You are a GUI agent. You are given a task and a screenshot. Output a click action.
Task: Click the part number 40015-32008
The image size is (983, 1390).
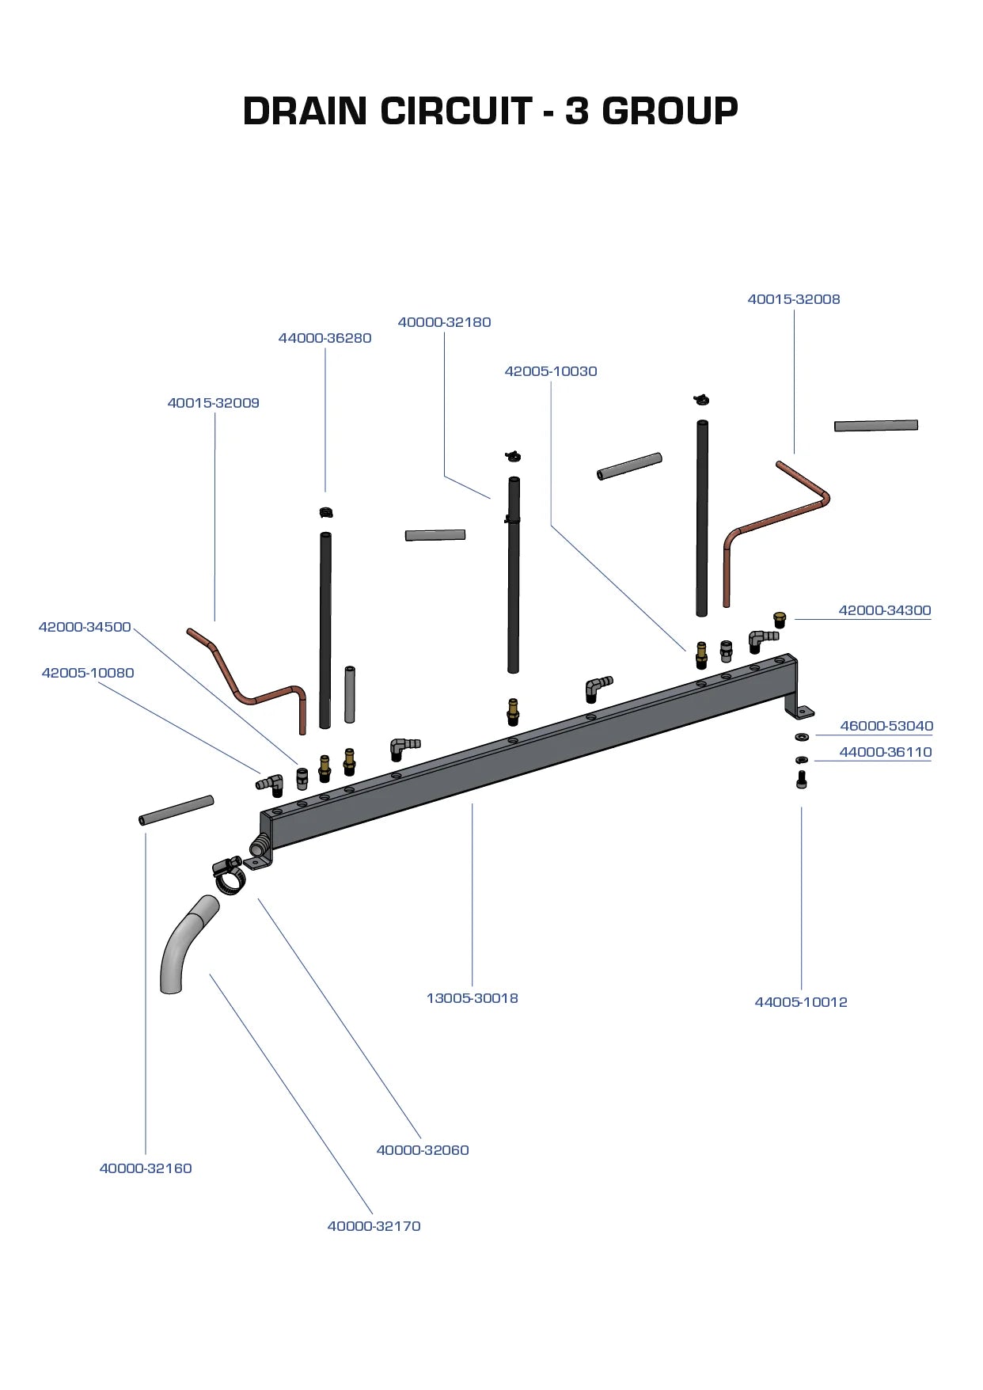pos(793,299)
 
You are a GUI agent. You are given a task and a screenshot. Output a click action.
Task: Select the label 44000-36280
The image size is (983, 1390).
pos(325,338)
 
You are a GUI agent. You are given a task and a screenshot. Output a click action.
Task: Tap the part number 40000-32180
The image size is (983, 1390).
pos(444,322)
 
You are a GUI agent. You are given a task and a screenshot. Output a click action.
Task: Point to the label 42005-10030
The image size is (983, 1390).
pos(551,371)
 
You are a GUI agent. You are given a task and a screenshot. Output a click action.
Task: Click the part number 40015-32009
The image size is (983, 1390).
pos(213,403)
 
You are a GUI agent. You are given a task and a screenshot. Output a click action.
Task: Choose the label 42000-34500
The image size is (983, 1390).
pos(85,627)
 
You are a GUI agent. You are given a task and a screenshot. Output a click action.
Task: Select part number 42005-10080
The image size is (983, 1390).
pos(88,673)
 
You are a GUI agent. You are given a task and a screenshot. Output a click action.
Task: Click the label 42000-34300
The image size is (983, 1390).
pos(884,610)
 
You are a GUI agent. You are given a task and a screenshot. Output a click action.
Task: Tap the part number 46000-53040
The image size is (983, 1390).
pos(886,726)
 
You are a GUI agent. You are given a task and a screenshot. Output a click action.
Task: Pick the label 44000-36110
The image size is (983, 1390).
pos(885,752)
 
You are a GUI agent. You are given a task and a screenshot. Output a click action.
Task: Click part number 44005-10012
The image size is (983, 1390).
pos(800,1002)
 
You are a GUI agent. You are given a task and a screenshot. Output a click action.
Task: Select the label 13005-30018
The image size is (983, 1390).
pos(472,998)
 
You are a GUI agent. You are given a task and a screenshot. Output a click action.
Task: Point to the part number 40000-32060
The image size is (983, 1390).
pos(422,1150)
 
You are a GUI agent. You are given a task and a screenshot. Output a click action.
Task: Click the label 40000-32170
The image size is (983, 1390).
pos(374,1226)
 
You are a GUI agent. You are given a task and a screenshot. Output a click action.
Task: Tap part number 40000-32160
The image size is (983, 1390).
pos(145,1168)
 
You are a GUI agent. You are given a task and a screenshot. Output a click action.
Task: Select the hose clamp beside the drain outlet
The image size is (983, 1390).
pos(229,875)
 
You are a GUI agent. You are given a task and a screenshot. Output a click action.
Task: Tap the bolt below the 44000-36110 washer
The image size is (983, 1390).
pos(801,780)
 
